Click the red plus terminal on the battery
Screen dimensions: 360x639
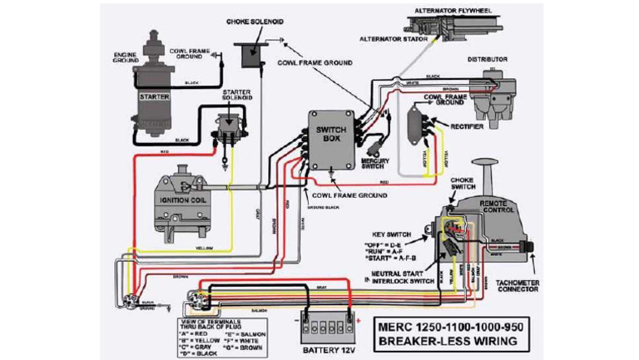point(359,318)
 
